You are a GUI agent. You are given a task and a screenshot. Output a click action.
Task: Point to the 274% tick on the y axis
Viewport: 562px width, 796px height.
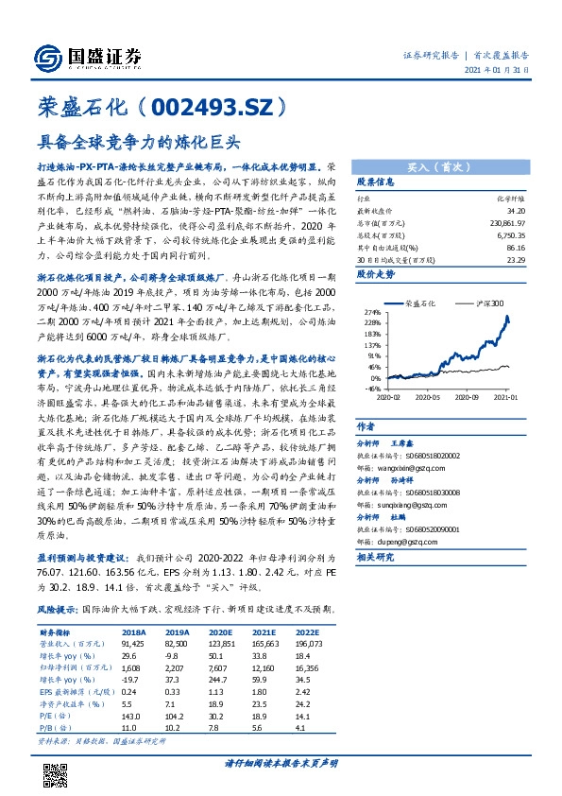(x=371, y=311)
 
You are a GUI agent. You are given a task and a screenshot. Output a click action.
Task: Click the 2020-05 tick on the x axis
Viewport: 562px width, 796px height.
(x=429, y=398)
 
